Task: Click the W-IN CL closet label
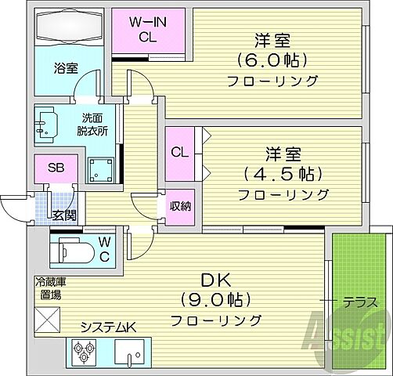point(146,28)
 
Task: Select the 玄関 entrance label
point(63,215)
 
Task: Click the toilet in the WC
point(78,251)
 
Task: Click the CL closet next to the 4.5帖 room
point(180,153)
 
